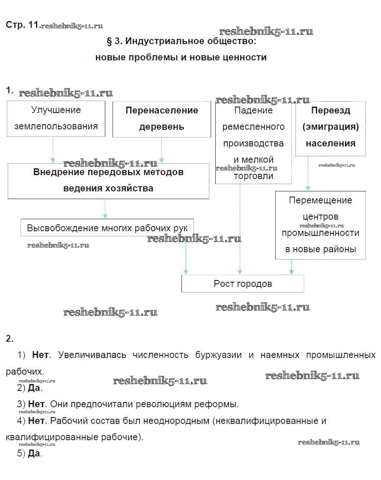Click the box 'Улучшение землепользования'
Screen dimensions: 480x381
pyautogui.click(x=56, y=118)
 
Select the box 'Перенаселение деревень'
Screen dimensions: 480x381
pyautogui.click(x=162, y=119)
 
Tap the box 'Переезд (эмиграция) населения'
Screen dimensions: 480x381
pyautogui.click(x=330, y=127)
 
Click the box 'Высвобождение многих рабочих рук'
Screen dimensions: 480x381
pyautogui.click(x=107, y=228)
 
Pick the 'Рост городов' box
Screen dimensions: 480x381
pyautogui.click(x=243, y=283)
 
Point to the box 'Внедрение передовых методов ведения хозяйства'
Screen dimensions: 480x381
pyautogui.click(x=108, y=180)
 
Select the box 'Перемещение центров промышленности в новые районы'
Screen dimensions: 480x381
pyautogui.click(x=321, y=225)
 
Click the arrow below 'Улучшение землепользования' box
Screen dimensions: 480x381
pyautogui.click(x=53, y=150)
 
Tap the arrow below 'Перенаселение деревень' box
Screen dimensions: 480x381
pyautogui.click(x=161, y=150)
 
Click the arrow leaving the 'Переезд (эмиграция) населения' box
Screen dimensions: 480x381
pyautogui.click(x=308, y=173)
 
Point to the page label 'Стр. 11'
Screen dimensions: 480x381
pyautogui.click(x=22, y=25)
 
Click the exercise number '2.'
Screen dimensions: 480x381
pyautogui.click(x=9, y=339)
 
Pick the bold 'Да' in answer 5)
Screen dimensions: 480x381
pyautogui.click(x=34, y=454)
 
